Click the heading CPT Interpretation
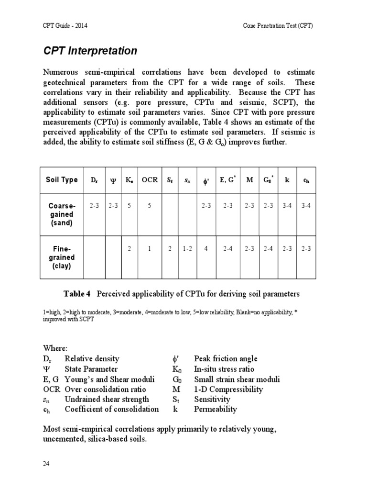[90, 51]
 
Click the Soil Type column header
[62, 180]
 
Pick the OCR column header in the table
[150, 180]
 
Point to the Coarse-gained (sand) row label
[62, 214]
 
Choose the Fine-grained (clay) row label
[62, 257]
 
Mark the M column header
[249, 180]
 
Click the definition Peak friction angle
[226, 358]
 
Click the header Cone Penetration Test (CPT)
[277, 26]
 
